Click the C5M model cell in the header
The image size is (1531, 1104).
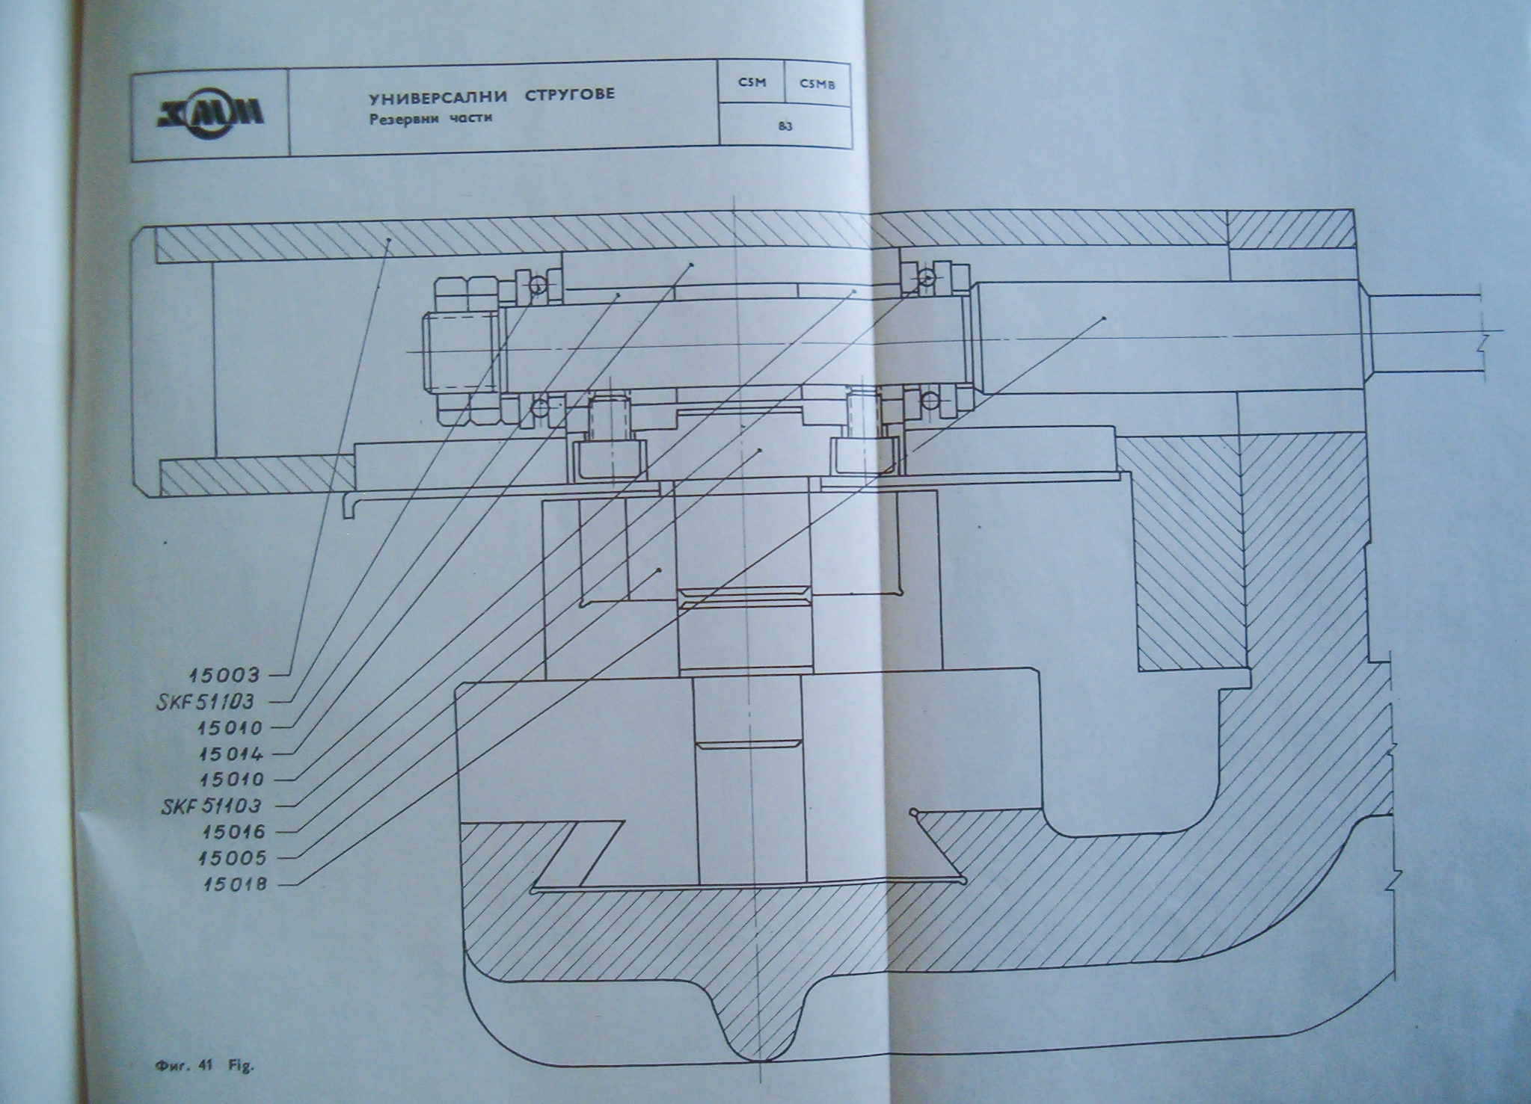(752, 84)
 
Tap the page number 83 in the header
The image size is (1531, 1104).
(785, 127)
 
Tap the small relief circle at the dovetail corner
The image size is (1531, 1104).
(912, 812)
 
